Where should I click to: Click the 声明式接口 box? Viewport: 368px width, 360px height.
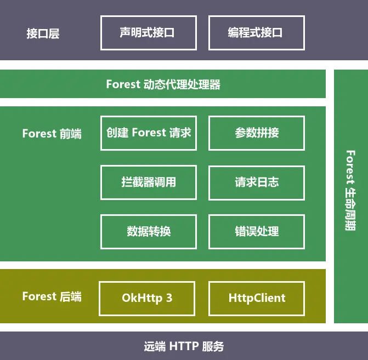[x=148, y=33]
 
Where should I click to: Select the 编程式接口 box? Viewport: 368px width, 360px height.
[x=256, y=33]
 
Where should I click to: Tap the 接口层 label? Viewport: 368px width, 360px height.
[x=43, y=34]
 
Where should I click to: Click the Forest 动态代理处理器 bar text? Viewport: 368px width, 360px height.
[x=163, y=84]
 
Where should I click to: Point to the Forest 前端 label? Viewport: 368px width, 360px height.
[x=52, y=134]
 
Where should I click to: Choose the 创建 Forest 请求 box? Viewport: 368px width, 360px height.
[x=148, y=133]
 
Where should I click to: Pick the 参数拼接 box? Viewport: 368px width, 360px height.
[x=256, y=133]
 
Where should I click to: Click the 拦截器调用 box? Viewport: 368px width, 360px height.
[x=148, y=182]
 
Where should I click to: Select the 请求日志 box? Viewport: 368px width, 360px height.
[x=256, y=182]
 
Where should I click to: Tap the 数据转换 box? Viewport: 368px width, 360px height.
[x=148, y=231]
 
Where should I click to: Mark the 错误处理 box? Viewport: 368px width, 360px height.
[x=256, y=231]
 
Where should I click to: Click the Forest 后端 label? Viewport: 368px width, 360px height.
[x=52, y=296]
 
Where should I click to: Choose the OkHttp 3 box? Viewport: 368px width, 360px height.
[x=146, y=299]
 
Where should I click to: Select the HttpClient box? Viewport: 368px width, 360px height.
[x=256, y=299]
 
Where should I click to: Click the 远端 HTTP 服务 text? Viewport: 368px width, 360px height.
[x=184, y=346]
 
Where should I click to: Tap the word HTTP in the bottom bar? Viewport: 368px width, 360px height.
[x=184, y=346]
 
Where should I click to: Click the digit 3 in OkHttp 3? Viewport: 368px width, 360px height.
[x=169, y=299]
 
